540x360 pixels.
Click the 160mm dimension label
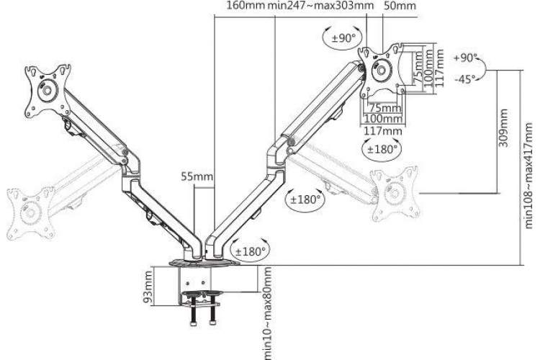246,6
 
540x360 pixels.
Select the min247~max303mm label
320,6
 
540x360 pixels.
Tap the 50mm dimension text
399,6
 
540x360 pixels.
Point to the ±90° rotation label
343,37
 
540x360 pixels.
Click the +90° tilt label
466,58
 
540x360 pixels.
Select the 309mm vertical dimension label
503,128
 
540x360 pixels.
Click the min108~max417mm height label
529,176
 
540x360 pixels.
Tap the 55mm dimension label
197,176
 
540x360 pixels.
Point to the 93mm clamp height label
148,287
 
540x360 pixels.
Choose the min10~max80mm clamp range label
267,312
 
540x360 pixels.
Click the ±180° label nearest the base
251,251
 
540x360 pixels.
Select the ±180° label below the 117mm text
382,149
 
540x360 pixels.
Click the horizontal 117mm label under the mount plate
383,130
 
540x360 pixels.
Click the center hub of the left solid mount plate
47,90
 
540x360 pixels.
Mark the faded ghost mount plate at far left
31,213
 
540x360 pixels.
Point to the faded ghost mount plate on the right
395,194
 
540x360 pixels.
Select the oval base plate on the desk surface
204,263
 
